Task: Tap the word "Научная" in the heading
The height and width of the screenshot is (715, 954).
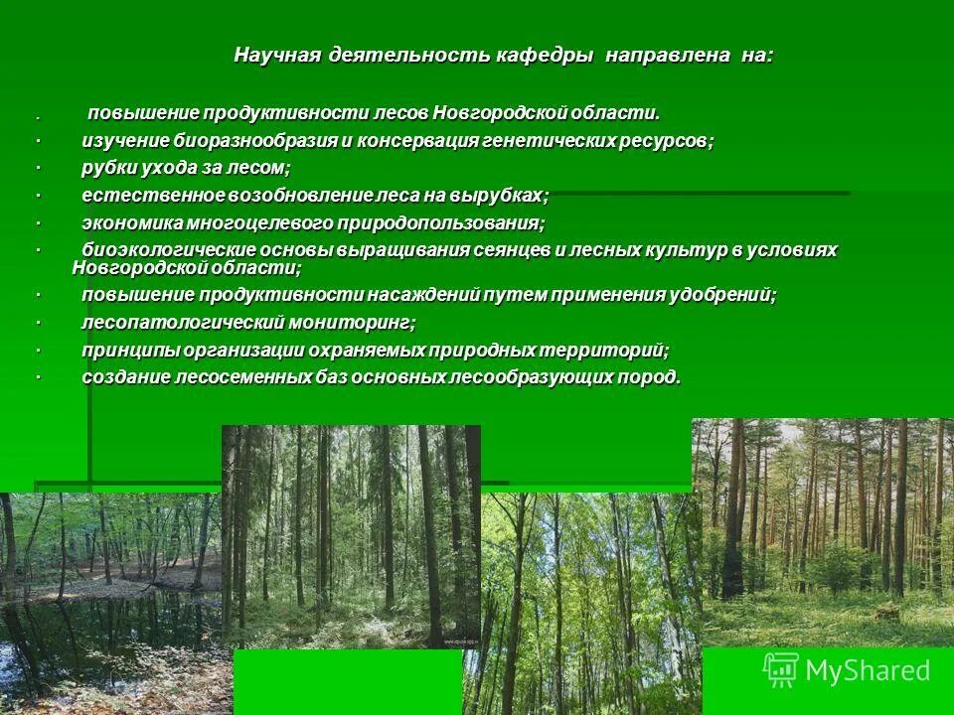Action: pyautogui.click(x=272, y=55)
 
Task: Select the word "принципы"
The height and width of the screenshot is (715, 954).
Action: pyautogui.click(x=126, y=351)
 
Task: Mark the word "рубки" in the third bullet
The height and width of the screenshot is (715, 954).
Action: pyautogui.click(x=107, y=169)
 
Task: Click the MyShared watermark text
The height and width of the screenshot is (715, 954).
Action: pyautogui.click(x=867, y=671)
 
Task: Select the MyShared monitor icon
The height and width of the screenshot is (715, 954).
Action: pyautogui.click(x=781, y=669)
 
